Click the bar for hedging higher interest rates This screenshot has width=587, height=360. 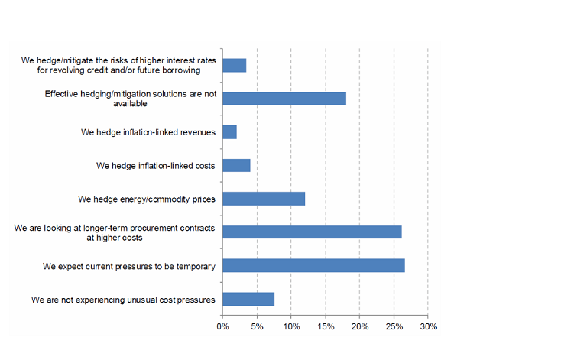pos(235,65)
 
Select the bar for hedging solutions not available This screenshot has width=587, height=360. pos(284,99)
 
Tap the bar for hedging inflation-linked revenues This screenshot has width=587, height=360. pos(230,132)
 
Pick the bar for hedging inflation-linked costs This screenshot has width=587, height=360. pos(236,165)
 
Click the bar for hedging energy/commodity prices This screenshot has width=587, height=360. pos(264,199)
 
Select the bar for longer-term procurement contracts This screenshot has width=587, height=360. pos(312,232)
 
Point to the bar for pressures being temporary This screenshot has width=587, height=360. pos(313,265)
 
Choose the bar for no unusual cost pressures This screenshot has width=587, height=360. pos(248,299)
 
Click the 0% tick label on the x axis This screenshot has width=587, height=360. pos(222,327)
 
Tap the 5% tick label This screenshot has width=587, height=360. pos(257,327)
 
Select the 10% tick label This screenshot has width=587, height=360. pos(291,327)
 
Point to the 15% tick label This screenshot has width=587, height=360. pos(326,327)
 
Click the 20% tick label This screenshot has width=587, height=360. pos(359,327)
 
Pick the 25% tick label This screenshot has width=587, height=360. pos(394,327)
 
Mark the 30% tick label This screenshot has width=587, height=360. pos(428,327)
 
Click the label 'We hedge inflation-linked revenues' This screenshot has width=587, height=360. pos(148,132)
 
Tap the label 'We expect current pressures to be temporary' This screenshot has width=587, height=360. pos(128,266)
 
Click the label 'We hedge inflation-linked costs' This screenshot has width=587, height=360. pos(156,165)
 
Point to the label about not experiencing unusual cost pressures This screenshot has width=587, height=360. pos(123,299)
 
